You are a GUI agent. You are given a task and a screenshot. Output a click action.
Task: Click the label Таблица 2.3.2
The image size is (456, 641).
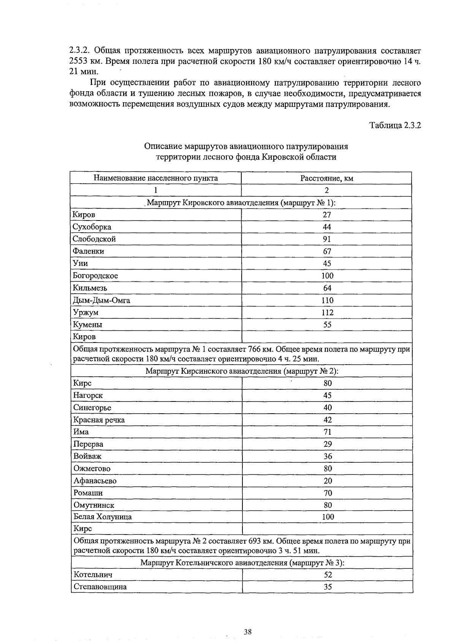click(395, 125)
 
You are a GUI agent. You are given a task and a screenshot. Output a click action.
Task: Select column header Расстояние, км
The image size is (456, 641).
click(327, 178)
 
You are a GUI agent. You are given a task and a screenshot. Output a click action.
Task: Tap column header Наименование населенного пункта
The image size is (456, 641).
click(156, 178)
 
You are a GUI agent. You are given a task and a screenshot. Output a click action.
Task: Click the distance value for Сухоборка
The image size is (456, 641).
click(327, 227)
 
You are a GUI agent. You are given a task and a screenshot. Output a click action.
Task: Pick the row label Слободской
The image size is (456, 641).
click(94, 239)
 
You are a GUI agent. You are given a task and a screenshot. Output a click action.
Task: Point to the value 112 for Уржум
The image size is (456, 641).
click(327, 313)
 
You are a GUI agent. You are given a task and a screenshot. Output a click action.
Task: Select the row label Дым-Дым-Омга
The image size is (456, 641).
click(101, 300)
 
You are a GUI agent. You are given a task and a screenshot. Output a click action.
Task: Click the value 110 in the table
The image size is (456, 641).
click(327, 300)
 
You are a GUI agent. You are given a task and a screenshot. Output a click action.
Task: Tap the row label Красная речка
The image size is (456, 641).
click(99, 420)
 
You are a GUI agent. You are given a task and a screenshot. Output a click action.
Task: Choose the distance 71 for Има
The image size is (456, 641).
click(328, 432)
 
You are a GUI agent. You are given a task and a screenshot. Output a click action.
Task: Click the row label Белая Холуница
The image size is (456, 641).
click(103, 517)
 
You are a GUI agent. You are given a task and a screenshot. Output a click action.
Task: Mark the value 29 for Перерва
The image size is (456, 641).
click(328, 444)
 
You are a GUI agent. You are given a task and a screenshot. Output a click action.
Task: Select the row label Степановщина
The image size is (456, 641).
click(100, 587)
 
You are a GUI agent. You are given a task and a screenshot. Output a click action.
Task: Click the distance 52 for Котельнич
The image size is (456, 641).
click(328, 575)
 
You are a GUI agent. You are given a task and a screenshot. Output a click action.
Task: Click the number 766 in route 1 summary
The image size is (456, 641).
click(254, 349)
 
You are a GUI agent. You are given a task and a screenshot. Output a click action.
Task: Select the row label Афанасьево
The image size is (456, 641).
click(95, 481)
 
